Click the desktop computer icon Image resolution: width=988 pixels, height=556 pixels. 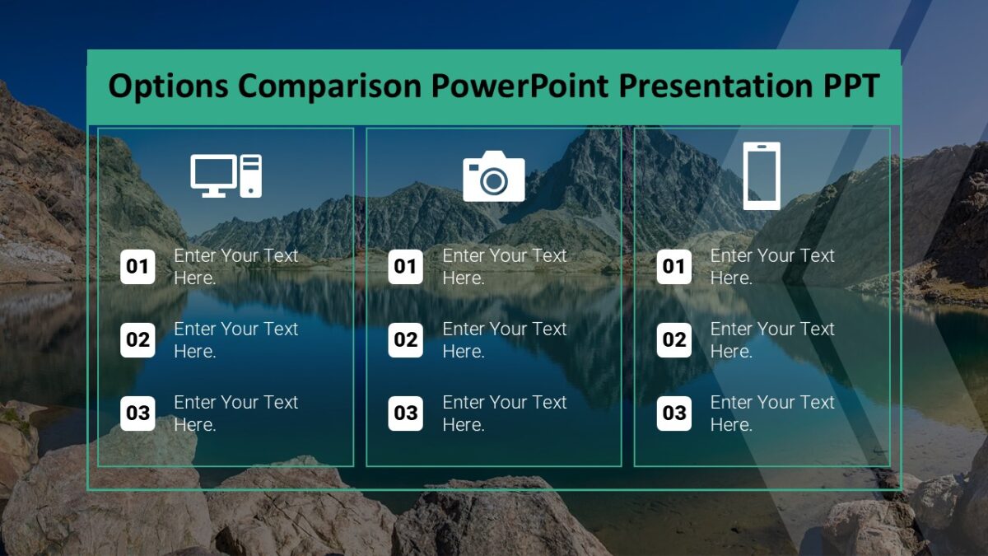[x=226, y=175]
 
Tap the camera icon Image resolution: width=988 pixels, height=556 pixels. [x=493, y=176]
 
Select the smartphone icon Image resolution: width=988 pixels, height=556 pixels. [x=761, y=175]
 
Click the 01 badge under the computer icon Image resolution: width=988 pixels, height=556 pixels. [x=137, y=267]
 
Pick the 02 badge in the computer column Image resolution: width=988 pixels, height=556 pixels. [x=137, y=340]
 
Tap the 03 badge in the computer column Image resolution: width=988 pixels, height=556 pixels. [x=137, y=413]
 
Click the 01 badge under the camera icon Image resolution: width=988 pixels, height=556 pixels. [x=405, y=267]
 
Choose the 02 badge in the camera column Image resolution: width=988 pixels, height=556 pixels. [x=405, y=340]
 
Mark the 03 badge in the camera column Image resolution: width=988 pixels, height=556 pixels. [x=405, y=413]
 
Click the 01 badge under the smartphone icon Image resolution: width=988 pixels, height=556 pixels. [x=673, y=267]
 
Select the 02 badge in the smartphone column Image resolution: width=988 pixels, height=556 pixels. [x=673, y=340]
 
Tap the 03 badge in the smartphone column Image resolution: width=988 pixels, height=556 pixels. [x=673, y=413]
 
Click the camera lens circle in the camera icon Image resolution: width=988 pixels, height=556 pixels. [x=494, y=180]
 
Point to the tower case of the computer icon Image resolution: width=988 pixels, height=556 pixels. [x=251, y=175]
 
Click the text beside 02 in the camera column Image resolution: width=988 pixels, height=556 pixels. [x=504, y=340]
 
